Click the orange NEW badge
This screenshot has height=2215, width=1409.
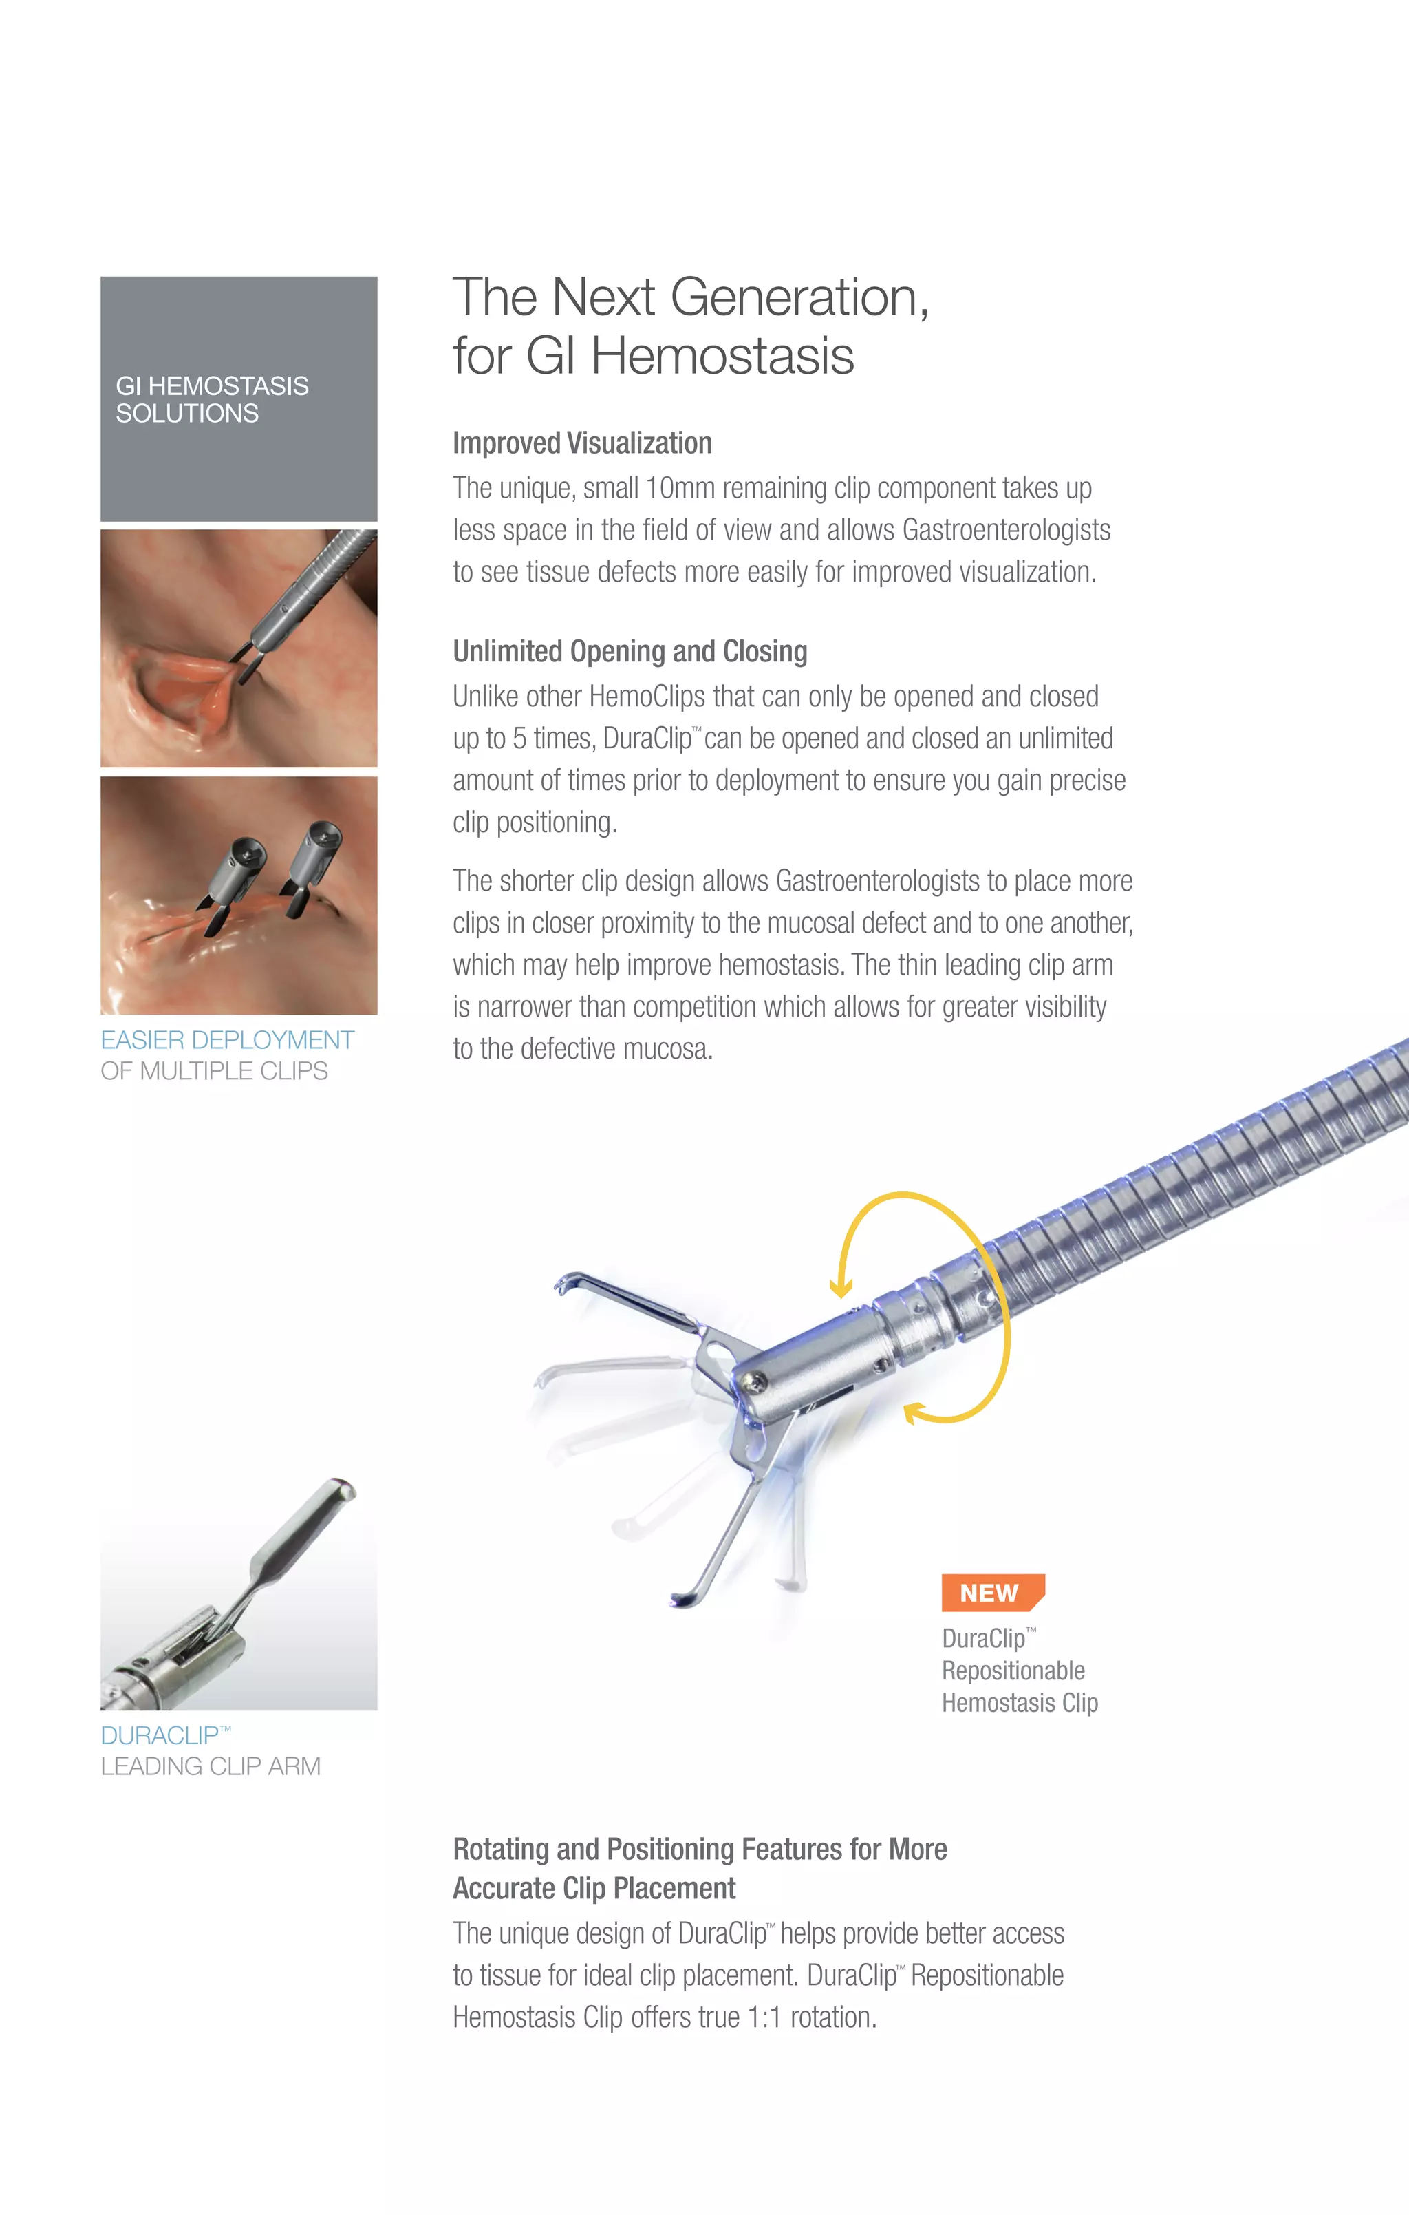[x=991, y=1592]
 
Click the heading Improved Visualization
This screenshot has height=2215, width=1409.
[x=582, y=443]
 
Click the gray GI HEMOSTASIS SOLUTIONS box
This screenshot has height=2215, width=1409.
[x=238, y=399]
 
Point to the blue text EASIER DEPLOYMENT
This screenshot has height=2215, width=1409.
[x=227, y=1039]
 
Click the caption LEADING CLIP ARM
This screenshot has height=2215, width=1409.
[x=211, y=1766]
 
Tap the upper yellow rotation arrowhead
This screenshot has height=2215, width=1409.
[x=840, y=1288]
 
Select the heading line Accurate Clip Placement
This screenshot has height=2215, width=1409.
[x=594, y=1889]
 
